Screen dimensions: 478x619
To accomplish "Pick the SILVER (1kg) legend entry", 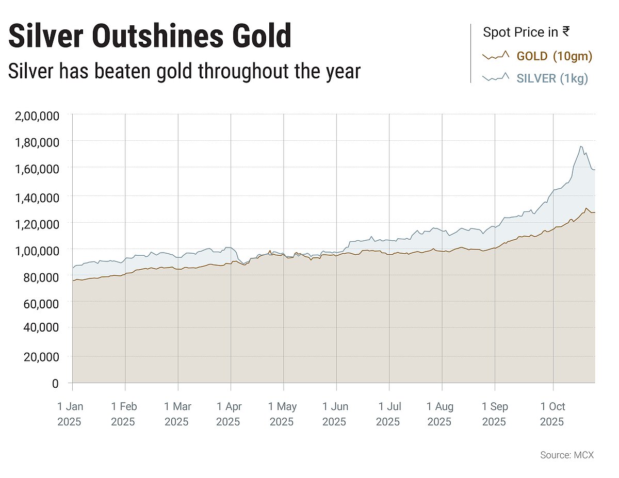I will point(552,78).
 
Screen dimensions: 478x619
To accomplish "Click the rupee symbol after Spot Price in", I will point(566,32).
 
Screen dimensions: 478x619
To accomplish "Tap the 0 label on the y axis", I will point(55,383).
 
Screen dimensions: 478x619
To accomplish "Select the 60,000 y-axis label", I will point(41,304).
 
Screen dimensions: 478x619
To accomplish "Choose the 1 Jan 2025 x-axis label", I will point(70,414).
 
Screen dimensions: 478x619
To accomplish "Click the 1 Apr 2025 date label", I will point(229,414).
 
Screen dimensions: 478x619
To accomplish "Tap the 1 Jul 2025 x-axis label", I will point(388,414).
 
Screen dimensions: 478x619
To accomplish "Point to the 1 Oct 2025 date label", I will point(552,414).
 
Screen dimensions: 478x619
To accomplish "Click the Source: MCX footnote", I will point(567,455).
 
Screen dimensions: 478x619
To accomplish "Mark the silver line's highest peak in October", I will point(581,146).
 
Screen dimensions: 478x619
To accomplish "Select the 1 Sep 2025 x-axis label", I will point(495,414).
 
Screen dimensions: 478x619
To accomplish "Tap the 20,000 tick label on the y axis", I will point(41,357).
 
